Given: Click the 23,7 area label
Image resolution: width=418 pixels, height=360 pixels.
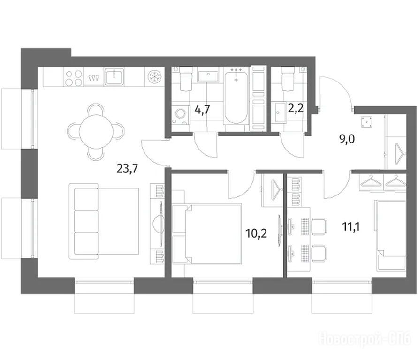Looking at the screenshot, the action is click(128, 169).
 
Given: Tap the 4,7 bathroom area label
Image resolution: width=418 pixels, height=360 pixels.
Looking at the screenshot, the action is click(202, 109).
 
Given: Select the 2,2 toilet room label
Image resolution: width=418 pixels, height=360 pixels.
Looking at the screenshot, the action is click(296, 108).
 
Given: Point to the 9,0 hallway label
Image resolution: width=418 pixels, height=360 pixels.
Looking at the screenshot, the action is click(347, 139).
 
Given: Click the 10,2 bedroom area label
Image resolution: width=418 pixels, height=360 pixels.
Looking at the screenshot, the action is click(256, 233).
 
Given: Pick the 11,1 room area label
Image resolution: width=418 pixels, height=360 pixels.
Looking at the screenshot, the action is click(351, 227).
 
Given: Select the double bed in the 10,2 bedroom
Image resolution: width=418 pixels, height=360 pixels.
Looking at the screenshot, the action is click(207, 234).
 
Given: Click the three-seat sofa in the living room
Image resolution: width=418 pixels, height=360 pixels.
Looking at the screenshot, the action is click(84, 221).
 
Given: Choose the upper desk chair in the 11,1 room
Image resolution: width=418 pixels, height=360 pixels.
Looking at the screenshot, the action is click(319, 226).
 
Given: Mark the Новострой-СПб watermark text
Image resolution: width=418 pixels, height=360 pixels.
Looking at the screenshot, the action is click(365, 339).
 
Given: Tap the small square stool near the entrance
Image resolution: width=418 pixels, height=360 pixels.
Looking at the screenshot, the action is click(366, 122).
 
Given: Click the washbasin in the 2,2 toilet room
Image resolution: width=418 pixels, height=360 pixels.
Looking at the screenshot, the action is click(281, 112).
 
